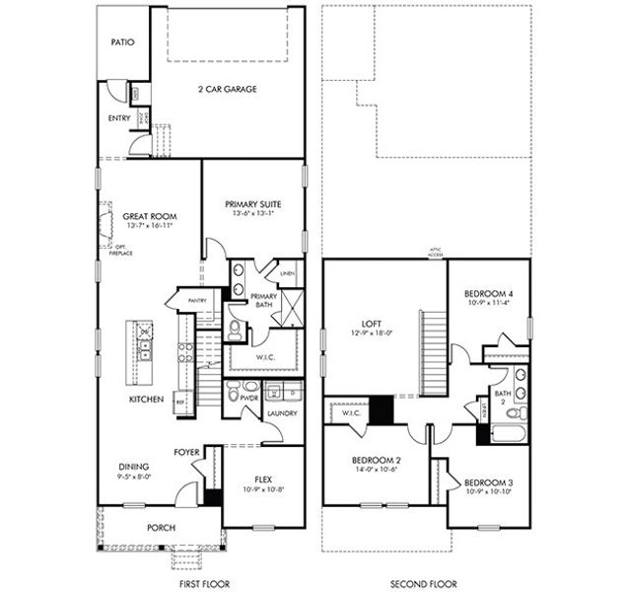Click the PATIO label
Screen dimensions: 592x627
122,42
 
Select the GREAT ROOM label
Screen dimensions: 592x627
147,215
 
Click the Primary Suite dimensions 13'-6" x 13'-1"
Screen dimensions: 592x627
253,213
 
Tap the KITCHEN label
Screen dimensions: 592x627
147,400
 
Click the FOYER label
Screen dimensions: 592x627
188,452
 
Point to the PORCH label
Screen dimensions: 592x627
161,528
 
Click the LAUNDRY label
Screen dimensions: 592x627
282,413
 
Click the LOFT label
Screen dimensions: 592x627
371,322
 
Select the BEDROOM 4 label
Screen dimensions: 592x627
489,293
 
